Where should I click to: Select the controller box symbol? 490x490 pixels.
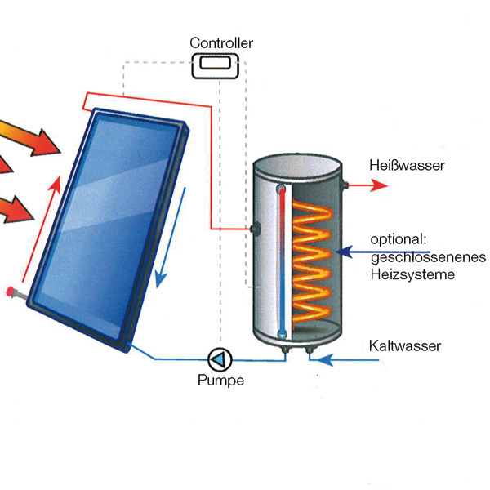tap(216, 65)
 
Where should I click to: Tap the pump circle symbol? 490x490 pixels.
tap(220, 359)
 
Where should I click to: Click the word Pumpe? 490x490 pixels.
tap(220, 380)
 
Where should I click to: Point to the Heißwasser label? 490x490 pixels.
tap(406, 166)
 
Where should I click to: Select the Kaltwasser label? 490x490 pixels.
tap(405, 345)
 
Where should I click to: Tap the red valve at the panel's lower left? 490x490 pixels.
tap(11, 290)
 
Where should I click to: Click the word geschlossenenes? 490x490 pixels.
tap(428, 257)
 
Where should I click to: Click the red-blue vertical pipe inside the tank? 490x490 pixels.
tap(281, 261)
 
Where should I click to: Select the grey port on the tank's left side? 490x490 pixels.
tap(256, 229)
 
